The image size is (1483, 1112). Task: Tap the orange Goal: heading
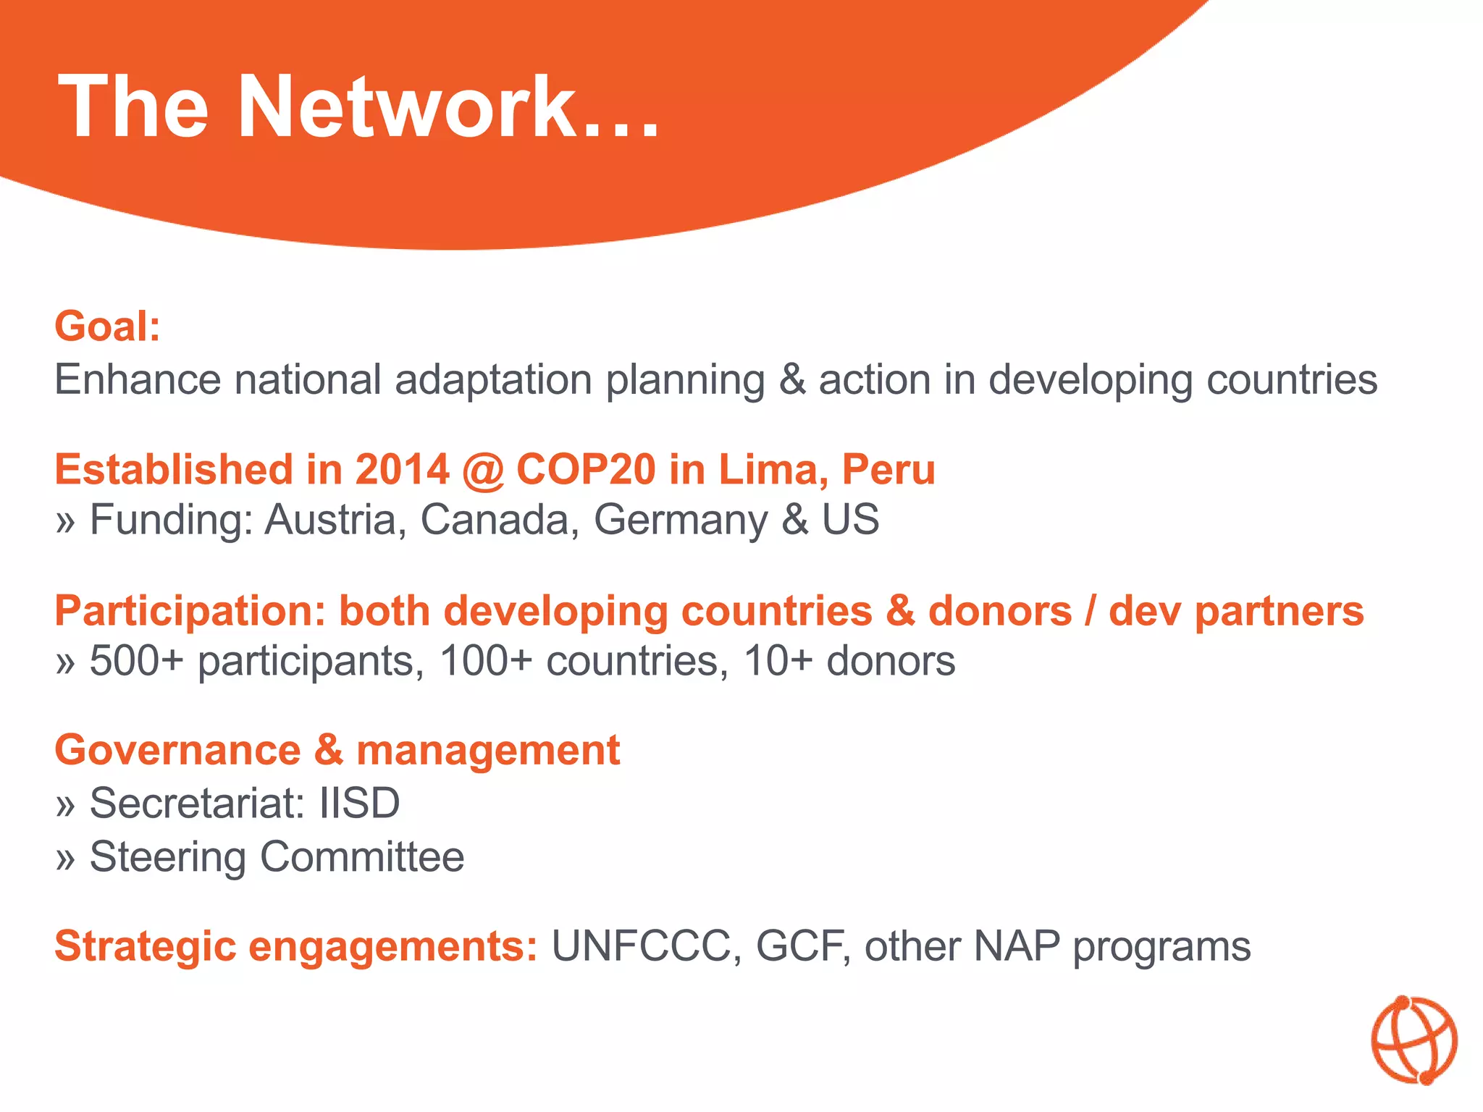107,327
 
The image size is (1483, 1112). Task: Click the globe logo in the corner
1413,1040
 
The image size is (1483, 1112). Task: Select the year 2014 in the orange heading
402,469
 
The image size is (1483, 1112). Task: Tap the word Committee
362,857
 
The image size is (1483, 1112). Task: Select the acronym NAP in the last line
1017,946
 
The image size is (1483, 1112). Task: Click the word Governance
177,750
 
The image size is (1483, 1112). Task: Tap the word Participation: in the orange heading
190,612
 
